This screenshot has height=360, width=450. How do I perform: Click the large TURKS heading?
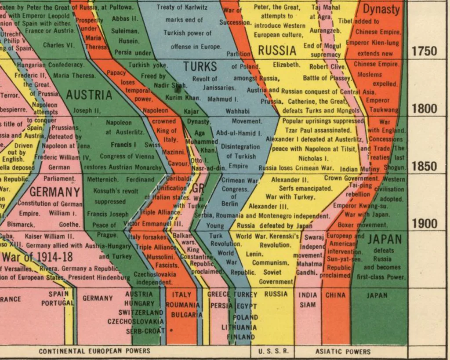(200, 67)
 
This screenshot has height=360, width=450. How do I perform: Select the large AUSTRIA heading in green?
(89, 95)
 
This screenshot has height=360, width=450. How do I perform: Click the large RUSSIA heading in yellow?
(277, 51)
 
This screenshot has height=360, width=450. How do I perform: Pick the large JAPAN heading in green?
(385, 240)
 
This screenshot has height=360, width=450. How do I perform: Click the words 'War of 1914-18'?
(37, 257)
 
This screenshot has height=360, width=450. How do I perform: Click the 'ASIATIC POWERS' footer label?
(342, 351)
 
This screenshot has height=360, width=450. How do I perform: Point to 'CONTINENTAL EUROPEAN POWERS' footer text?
(94, 351)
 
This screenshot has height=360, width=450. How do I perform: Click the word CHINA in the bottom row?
(335, 295)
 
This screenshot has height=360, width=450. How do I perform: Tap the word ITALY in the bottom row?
(181, 295)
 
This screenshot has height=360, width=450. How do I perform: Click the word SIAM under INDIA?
(308, 305)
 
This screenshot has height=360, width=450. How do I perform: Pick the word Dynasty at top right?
(381, 10)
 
